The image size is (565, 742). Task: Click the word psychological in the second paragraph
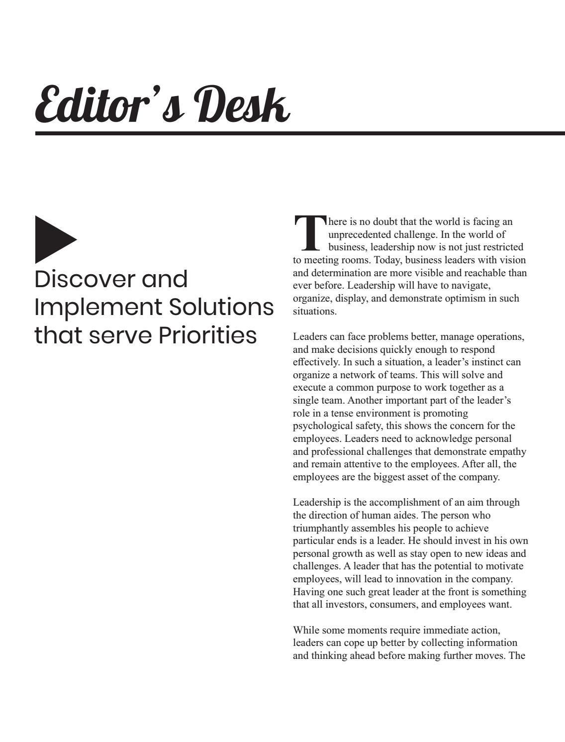(x=321, y=426)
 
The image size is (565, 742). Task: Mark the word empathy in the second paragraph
(x=508, y=451)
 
